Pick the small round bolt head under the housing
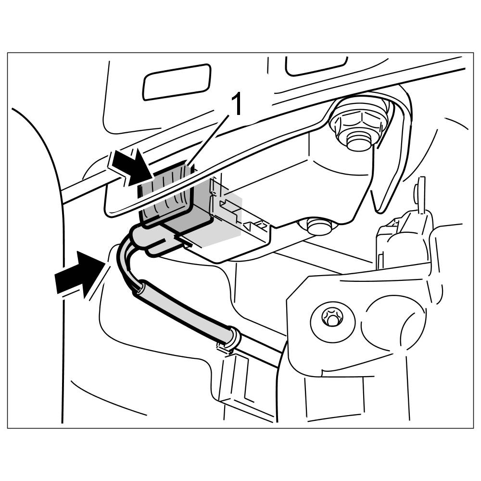pos(316,226)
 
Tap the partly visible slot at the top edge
pos(316,65)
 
